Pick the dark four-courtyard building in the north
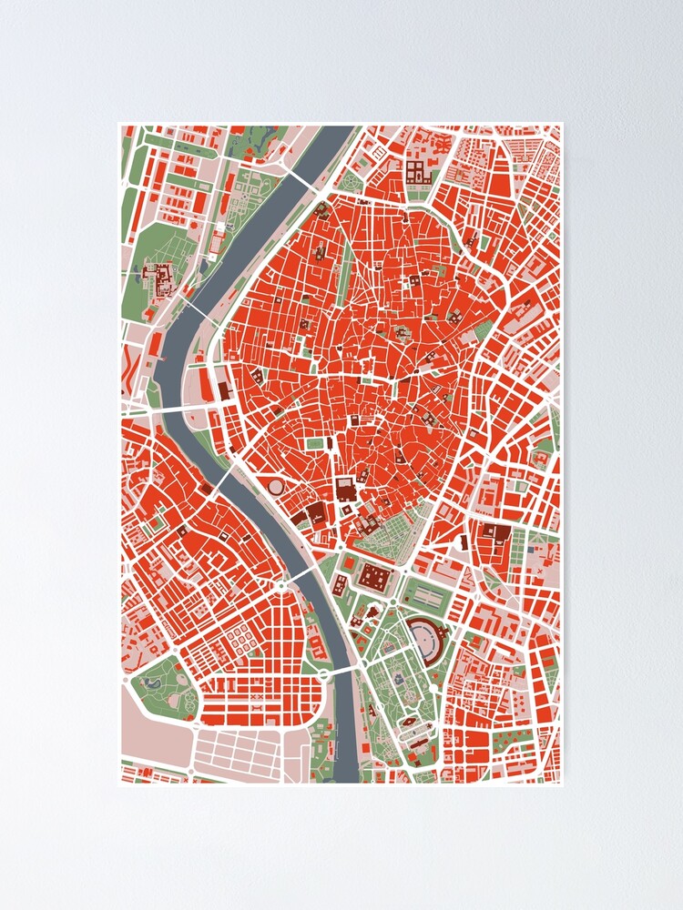421,172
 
